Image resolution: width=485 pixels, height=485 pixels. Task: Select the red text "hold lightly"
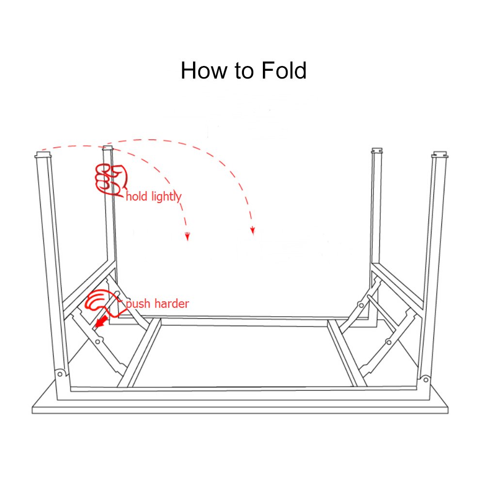153,196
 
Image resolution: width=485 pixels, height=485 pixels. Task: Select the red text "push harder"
157,304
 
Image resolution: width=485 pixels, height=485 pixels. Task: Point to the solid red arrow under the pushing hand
100,322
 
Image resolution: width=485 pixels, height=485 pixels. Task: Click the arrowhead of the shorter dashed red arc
187,236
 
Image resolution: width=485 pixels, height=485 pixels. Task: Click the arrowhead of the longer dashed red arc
252,230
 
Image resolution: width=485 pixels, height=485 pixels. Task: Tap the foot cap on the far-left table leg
43,156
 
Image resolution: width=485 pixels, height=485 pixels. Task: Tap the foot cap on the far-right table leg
439,156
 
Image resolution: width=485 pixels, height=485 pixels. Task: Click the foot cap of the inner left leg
108,148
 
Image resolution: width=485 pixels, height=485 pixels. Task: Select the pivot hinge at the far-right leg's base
425,379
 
